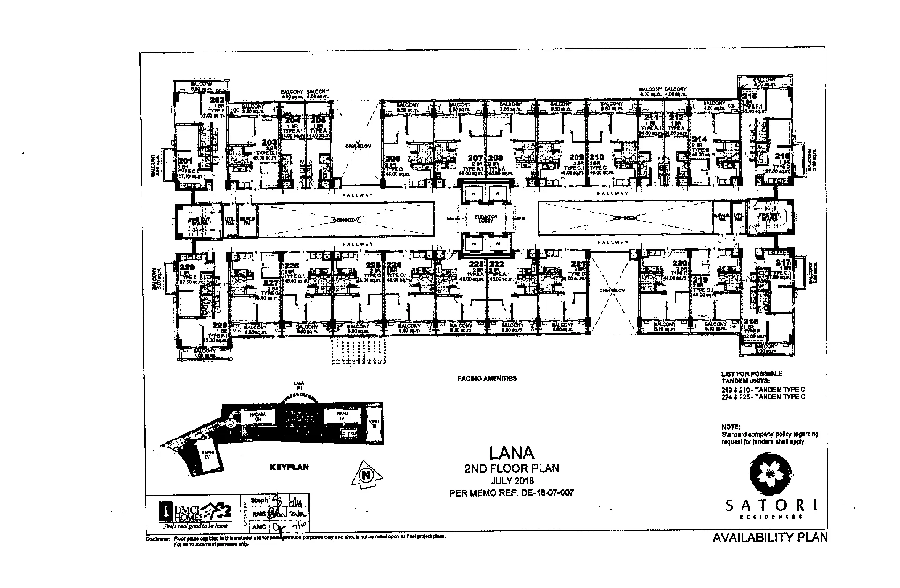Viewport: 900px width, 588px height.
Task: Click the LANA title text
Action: [511, 453]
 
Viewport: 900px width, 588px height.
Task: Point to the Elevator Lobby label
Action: [485, 219]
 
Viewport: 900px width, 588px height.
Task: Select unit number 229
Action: [187, 268]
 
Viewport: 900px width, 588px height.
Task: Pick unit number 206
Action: [394, 159]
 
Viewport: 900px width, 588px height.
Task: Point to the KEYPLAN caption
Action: [289, 467]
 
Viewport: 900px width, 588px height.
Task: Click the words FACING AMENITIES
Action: [487, 378]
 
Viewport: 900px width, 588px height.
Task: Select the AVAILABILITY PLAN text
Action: [770, 537]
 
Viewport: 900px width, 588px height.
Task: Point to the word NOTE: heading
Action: [731, 427]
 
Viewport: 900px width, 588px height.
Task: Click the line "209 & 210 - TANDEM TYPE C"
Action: [763, 390]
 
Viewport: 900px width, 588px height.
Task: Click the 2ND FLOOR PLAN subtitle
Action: [511, 468]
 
